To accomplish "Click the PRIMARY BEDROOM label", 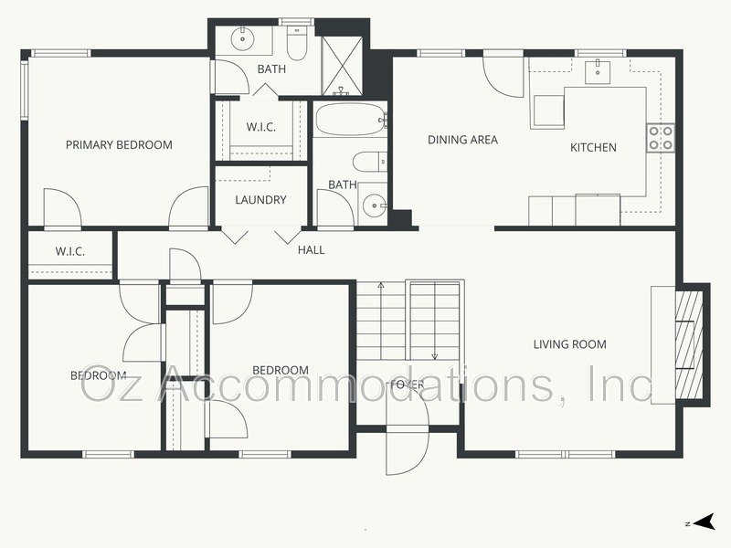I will (119, 144).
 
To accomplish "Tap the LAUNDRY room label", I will (260, 200).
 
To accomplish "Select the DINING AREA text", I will (462, 140).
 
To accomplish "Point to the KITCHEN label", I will (593, 147).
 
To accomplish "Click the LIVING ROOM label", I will (570, 344).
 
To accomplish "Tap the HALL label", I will (311, 249).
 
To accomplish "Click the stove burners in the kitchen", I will (661, 138).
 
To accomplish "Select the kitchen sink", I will (600, 70).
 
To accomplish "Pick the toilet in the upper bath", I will (297, 40).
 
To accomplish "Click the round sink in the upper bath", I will (243, 38).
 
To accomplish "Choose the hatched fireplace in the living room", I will (690, 342).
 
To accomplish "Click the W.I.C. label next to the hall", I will (69, 251).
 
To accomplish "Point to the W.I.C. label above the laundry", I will (260, 127).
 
